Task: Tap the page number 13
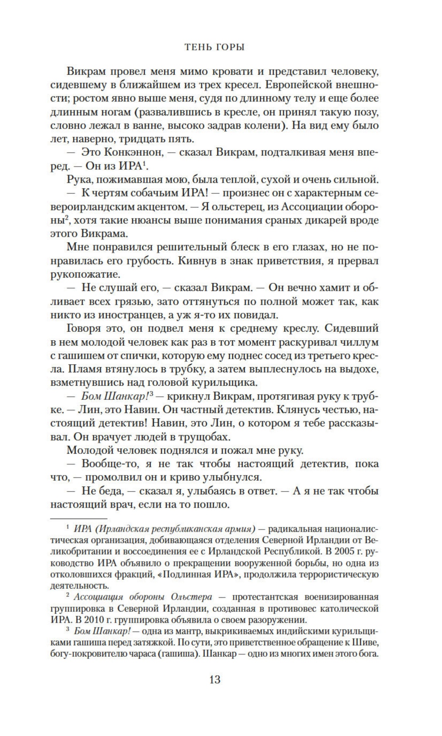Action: tap(215, 680)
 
